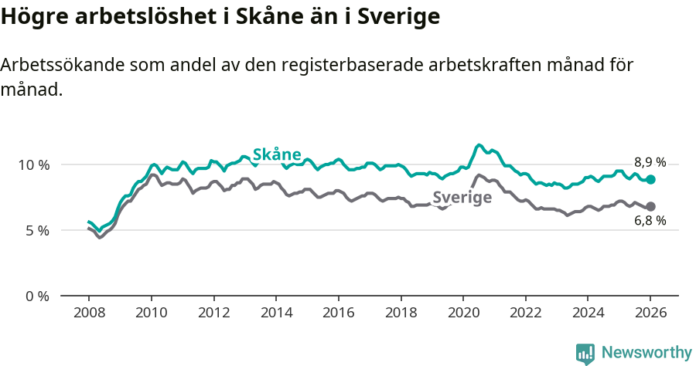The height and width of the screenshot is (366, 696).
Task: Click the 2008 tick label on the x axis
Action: pos(89,313)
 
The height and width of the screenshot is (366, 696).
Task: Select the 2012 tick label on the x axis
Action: pos(213,313)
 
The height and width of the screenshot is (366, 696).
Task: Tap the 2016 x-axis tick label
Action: pos(338,313)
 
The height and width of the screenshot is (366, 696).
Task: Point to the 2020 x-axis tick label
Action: pos(463,313)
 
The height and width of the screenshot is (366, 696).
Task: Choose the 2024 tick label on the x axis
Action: pos(588,313)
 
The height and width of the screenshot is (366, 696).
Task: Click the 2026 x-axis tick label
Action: pos(650,313)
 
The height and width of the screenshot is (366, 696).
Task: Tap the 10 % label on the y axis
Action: pos(33,164)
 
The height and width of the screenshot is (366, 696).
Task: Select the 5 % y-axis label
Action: pos(36,230)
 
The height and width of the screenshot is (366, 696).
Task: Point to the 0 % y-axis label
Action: pos(36,296)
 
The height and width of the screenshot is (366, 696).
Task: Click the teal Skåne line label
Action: pos(277,154)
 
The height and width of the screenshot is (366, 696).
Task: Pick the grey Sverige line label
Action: pos(462,198)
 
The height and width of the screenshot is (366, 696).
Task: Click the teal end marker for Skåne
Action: pos(651,179)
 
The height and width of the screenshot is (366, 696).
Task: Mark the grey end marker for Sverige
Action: pos(651,206)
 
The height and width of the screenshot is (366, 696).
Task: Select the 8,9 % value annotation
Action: pos(650,162)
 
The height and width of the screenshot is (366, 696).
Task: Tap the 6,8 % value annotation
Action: pos(650,221)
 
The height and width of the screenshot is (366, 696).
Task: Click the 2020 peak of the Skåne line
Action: pos(479,145)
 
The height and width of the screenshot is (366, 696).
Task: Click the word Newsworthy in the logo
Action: pos(646,352)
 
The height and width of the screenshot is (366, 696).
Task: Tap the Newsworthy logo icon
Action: pos(585,353)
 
